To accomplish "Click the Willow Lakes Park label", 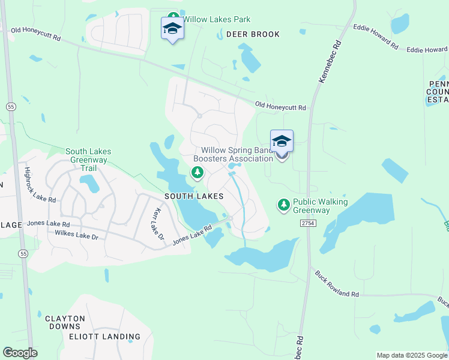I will (216, 19).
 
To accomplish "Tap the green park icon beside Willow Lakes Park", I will (173, 17).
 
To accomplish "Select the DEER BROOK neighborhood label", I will (253, 34).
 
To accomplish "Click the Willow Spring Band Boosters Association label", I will (237, 154).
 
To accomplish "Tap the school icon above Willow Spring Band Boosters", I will (282, 141).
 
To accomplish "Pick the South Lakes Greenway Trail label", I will (88, 160).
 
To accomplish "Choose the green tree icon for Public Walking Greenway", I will (283, 205).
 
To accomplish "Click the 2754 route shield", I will (307, 223).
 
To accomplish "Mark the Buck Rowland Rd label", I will (336, 284).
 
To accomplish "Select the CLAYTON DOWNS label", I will (65, 322).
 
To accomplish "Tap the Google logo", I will (20, 353).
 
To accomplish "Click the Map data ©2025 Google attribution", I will (411, 355).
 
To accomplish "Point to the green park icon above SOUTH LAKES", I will (197, 173).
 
